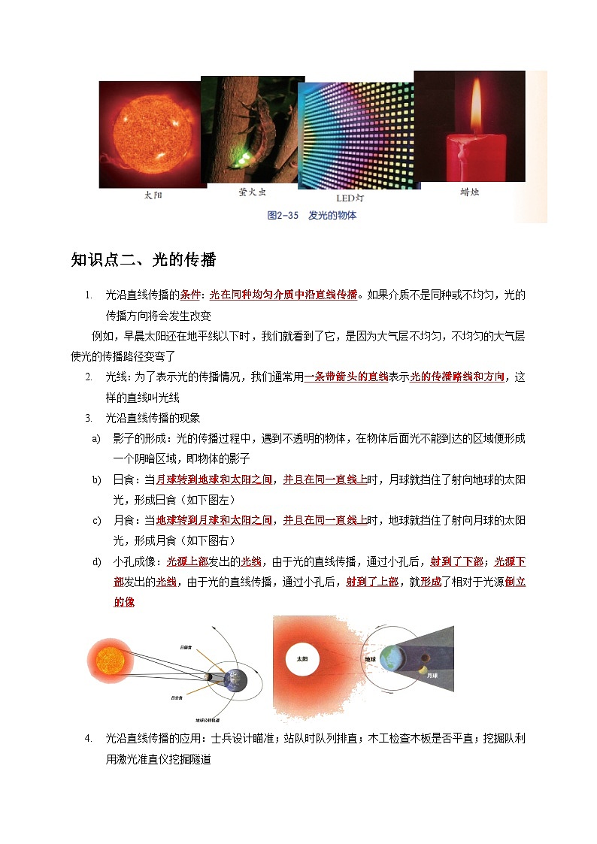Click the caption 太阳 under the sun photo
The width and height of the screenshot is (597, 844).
(153, 195)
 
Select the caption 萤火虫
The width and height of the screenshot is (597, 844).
(253, 192)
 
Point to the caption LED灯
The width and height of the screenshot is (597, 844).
(350, 198)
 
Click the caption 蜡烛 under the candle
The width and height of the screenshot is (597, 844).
(470, 192)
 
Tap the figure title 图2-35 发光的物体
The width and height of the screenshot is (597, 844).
(312, 216)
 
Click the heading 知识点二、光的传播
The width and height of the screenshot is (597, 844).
(143, 260)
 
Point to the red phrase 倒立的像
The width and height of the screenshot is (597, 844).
(123, 602)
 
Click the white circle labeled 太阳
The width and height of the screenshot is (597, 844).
(302, 659)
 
